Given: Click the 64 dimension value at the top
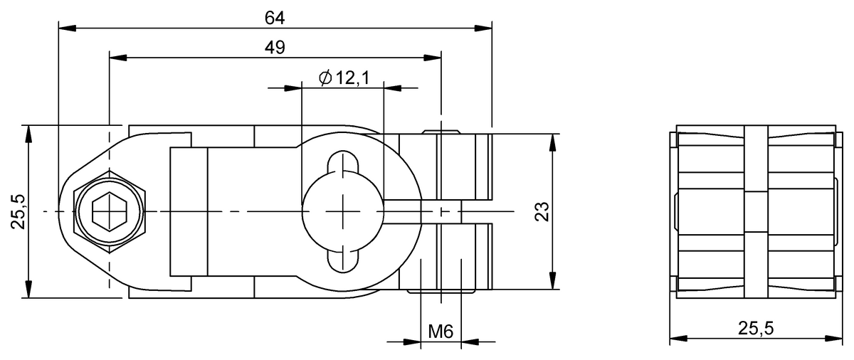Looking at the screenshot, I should (275, 18).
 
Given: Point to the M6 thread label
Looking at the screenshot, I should (441, 331).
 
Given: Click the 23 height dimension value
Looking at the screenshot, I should (542, 211).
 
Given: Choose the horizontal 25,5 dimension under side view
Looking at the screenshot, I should (754, 328).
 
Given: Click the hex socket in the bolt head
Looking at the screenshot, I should (109, 212).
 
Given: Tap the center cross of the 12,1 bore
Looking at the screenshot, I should (344, 211).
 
